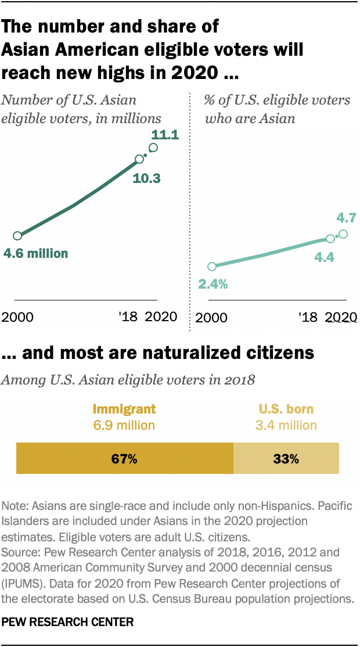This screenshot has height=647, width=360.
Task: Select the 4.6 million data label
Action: pos(35,253)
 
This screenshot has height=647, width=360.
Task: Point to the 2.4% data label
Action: pos(213,285)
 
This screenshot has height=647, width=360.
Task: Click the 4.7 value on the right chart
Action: pos(346,218)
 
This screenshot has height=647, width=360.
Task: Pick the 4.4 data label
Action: pos(324,256)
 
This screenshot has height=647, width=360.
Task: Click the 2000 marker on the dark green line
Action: pos(17,236)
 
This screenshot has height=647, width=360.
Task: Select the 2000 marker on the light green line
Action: pos(212,267)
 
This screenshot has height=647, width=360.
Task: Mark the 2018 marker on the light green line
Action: pos(330,238)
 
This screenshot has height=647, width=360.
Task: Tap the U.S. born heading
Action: pos(286,409)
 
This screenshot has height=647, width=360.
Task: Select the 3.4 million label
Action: pos(286,425)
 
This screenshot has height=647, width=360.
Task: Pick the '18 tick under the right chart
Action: pos(307,317)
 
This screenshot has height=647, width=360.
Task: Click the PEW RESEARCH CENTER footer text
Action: pos(68,622)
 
